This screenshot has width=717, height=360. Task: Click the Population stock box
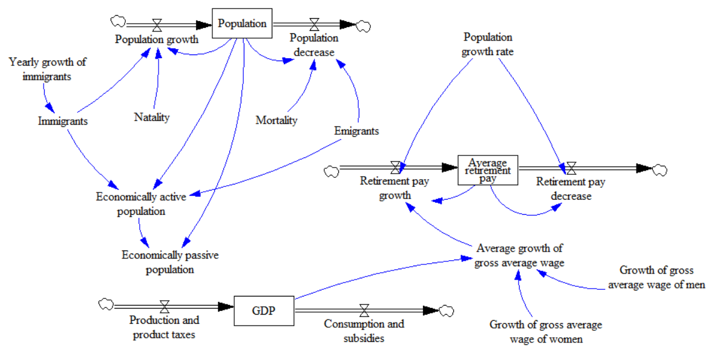(242, 24)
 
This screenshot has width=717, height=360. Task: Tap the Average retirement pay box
(488, 170)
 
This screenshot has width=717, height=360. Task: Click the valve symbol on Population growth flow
(157, 25)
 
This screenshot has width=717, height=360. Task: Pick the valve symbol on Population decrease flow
(314, 24)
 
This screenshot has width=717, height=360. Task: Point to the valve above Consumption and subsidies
(364, 311)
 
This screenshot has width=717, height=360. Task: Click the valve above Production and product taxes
(164, 307)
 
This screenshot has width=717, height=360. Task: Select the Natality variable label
(151, 117)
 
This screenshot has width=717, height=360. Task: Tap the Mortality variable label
(277, 120)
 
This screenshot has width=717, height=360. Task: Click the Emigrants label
(356, 131)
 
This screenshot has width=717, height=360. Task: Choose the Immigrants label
(62, 121)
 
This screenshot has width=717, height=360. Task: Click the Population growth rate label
(487, 44)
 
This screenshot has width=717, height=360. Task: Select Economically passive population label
(170, 262)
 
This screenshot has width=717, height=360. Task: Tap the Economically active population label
(141, 204)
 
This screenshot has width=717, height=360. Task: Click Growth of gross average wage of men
(656, 277)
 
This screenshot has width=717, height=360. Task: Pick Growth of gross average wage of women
(546, 332)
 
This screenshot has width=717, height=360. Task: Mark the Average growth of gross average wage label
(519, 255)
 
